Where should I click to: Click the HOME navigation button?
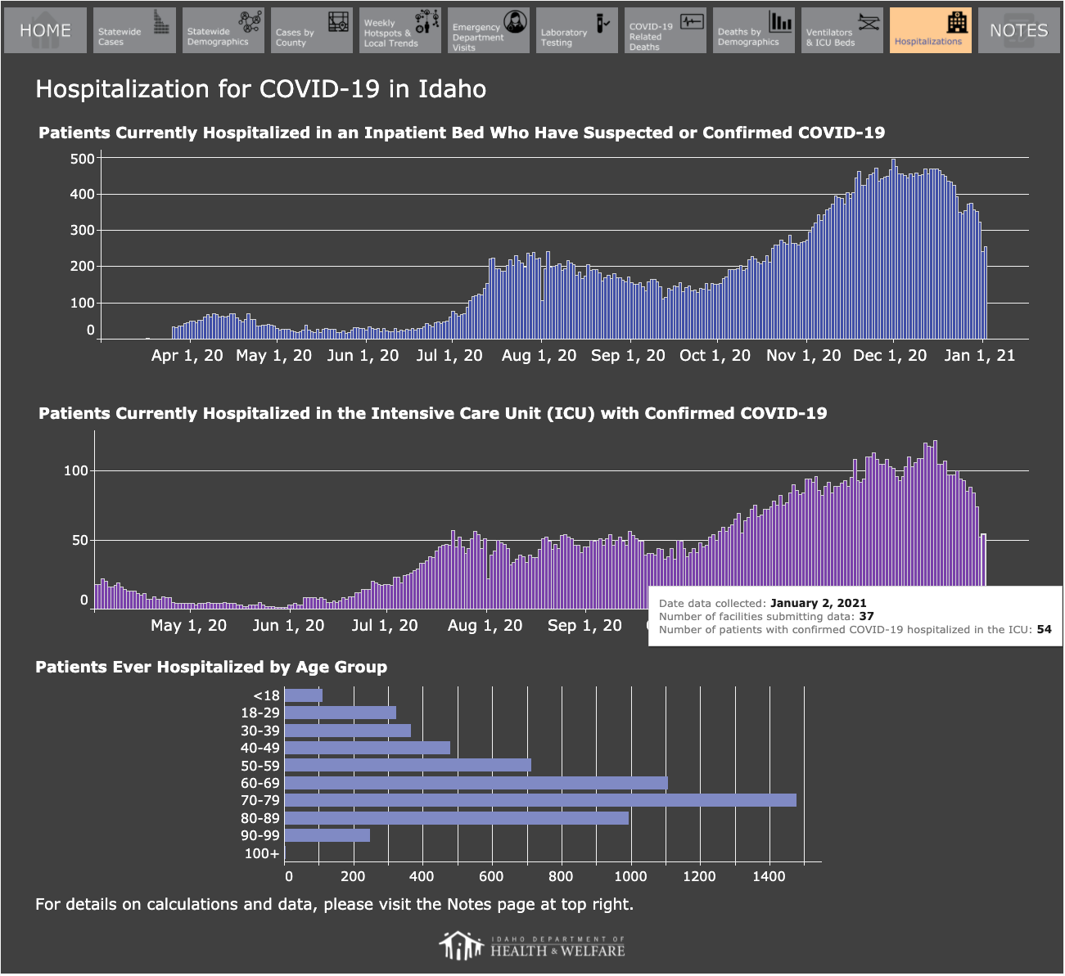point(45,30)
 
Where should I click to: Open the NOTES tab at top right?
point(1019,30)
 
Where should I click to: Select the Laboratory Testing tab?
point(577,30)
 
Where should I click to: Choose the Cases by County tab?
point(312,30)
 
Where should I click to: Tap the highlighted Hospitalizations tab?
point(931,30)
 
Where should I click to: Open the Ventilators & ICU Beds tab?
point(842,30)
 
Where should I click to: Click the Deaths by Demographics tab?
point(754,30)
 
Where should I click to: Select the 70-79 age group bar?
point(540,800)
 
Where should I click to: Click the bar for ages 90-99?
point(327,835)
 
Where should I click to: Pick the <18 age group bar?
point(304,695)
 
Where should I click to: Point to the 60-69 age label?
point(260,783)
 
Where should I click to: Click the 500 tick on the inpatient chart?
point(83,159)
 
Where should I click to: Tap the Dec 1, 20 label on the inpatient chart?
point(890,355)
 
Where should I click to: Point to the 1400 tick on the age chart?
point(769,876)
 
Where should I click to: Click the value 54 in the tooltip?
point(1045,629)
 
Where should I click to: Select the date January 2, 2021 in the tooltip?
point(818,603)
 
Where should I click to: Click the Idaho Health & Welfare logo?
point(532,946)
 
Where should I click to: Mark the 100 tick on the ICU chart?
point(76,470)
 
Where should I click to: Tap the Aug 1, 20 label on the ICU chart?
point(485,625)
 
